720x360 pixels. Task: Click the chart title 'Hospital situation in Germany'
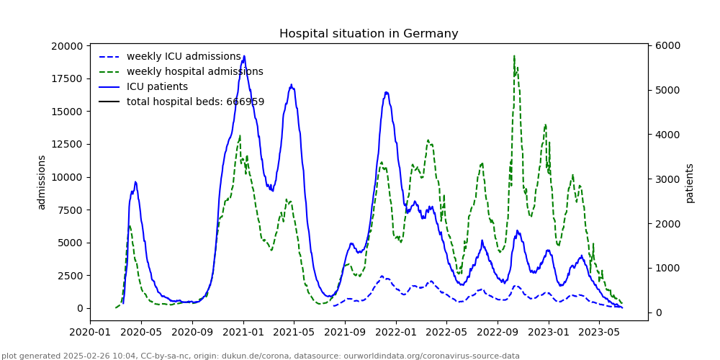(x=369, y=34)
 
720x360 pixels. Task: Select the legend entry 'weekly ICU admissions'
(x=184, y=57)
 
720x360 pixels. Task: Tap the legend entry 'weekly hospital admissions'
(x=194, y=72)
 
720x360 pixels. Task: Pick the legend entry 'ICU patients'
(x=157, y=87)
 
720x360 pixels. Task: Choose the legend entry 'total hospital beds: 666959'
(x=195, y=102)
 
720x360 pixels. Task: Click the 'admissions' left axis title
(x=42, y=182)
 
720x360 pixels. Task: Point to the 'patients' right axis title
(x=690, y=183)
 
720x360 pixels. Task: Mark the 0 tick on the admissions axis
(x=79, y=308)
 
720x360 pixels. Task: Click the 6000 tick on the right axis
(x=667, y=46)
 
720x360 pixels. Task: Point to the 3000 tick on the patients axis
(x=667, y=179)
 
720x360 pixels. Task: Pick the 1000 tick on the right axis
(x=667, y=268)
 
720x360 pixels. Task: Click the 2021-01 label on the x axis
(x=243, y=332)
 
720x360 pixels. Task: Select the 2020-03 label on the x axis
(x=90, y=332)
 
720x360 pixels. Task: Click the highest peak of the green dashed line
(x=514, y=56)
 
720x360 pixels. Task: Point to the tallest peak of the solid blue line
(x=244, y=56)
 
